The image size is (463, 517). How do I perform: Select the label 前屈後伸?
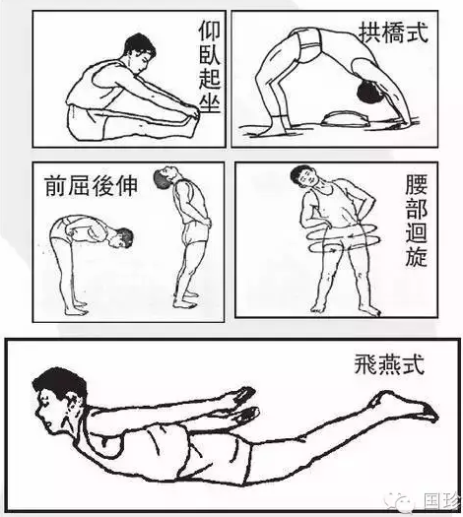pos(91,184)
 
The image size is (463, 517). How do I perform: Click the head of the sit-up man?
pos(139,51)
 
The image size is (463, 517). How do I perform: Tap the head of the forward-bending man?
pos(121,239)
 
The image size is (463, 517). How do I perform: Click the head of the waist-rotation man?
pos(300,178)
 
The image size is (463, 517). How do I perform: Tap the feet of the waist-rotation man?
pos(340,308)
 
